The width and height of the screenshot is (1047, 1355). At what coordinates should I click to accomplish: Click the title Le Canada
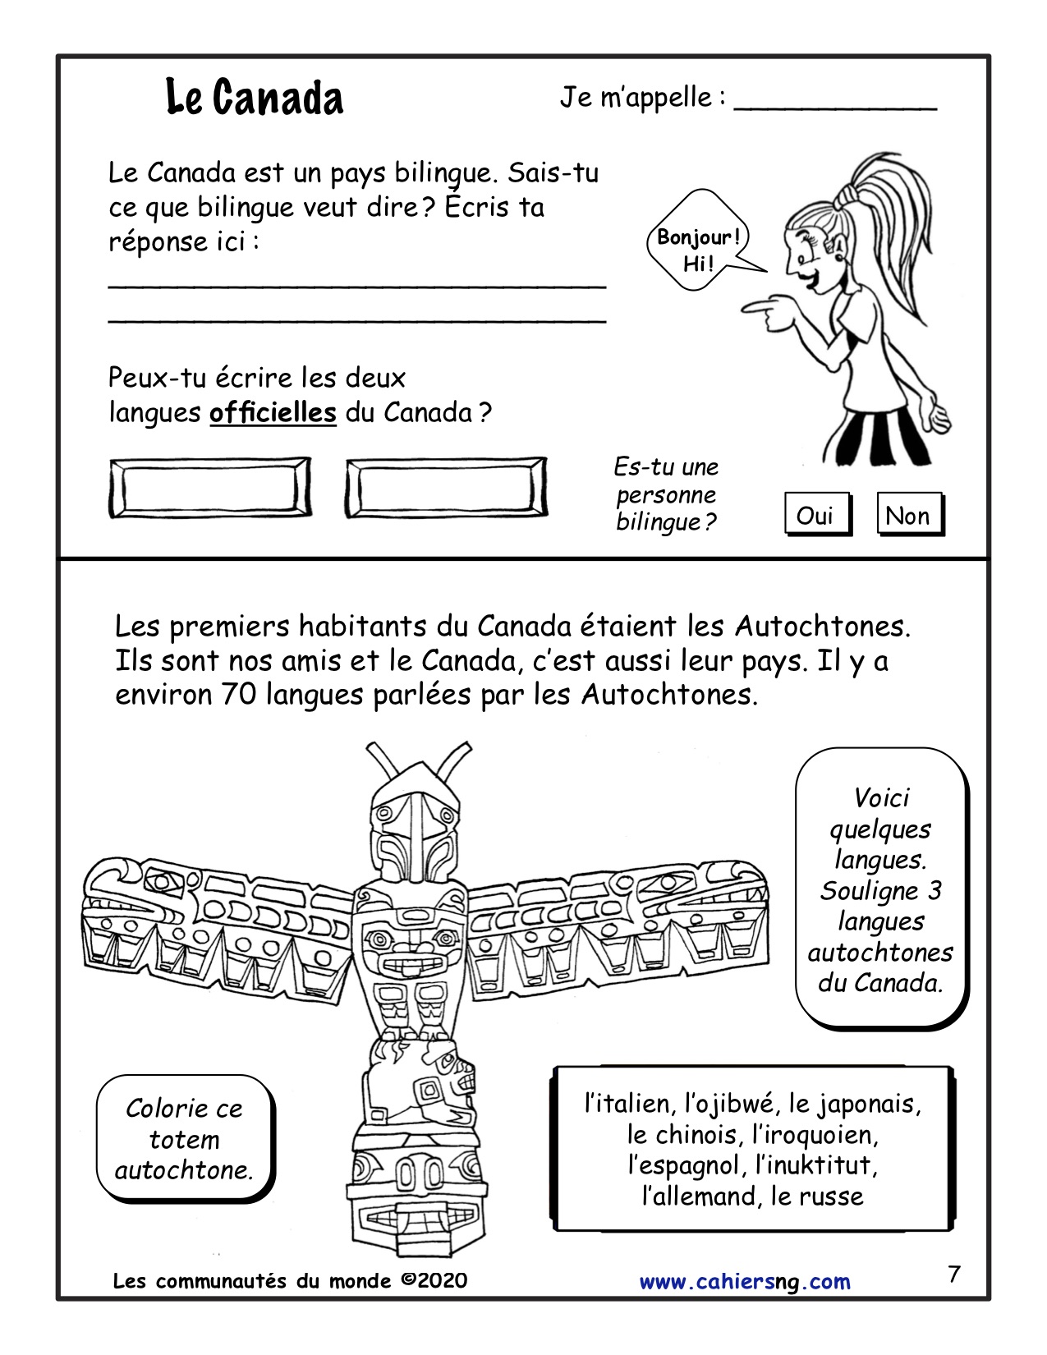(x=255, y=98)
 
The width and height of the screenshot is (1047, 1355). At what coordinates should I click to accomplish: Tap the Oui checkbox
(x=815, y=516)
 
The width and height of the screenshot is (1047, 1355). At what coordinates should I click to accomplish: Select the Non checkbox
(x=907, y=516)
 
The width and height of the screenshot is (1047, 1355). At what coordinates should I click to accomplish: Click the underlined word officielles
(x=273, y=412)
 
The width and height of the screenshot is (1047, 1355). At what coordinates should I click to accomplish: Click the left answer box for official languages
(x=209, y=489)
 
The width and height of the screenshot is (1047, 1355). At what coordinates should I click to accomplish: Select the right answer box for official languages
(x=446, y=489)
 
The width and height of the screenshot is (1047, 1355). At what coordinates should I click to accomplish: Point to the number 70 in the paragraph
(x=238, y=695)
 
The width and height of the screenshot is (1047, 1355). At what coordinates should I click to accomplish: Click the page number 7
(x=953, y=1275)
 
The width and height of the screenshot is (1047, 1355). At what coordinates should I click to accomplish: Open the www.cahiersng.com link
(x=745, y=1282)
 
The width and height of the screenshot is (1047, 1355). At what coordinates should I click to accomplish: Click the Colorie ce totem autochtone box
(x=185, y=1140)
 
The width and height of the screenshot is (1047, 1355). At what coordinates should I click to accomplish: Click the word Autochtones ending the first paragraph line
(x=822, y=627)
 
